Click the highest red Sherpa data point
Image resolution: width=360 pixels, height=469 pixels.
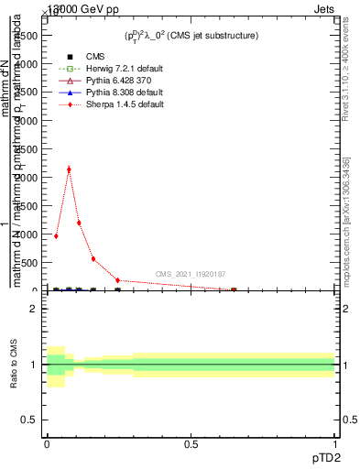tap(69, 169)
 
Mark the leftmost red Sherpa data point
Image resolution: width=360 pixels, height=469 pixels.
tap(56, 235)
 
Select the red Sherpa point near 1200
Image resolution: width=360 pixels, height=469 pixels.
tap(79, 223)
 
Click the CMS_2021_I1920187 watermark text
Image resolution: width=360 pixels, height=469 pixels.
tap(190, 274)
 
